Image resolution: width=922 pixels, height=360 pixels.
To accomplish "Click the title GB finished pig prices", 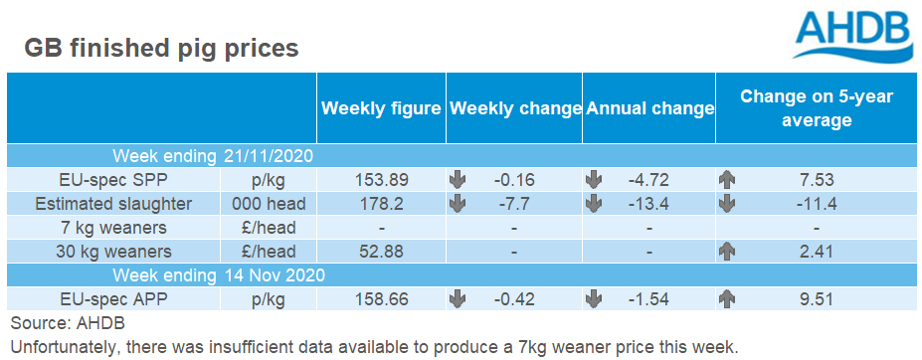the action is click(x=161, y=49).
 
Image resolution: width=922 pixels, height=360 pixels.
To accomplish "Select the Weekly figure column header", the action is click(x=381, y=108).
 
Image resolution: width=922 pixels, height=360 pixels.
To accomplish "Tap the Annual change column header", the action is click(x=648, y=108).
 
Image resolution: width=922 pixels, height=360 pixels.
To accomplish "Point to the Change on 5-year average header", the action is click(x=817, y=108).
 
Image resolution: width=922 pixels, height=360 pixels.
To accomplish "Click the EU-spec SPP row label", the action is click(x=114, y=180).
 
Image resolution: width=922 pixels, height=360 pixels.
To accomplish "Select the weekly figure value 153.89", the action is click(x=381, y=180).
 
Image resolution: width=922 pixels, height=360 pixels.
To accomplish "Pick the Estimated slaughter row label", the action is click(x=113, y=204).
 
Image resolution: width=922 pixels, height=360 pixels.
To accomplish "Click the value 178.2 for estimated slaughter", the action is click(x=381, y=204).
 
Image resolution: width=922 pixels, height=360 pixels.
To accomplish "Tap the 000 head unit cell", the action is click(x=269, y=204).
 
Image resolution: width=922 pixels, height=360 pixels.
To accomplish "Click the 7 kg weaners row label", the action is click(x=114, y=227).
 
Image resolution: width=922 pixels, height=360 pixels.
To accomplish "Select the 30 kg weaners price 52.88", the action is click(x=381, y=252).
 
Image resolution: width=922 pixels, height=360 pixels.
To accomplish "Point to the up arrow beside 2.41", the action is click(x=727, y=252).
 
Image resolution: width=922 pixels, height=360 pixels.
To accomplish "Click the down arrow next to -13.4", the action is click(x=594, y=204).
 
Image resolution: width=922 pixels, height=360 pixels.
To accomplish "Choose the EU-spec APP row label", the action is click(x=114, y=298).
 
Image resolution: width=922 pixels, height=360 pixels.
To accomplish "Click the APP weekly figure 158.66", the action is click(x=381, y=298).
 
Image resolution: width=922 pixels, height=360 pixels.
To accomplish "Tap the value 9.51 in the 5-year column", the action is click(x=817, y=298).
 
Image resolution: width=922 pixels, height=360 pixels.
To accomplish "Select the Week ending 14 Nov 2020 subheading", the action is click(x=220, y=274).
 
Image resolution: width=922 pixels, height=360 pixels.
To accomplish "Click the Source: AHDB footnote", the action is click(x=68, y=323).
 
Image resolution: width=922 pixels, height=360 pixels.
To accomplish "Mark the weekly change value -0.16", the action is click(x=514, y=180).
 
